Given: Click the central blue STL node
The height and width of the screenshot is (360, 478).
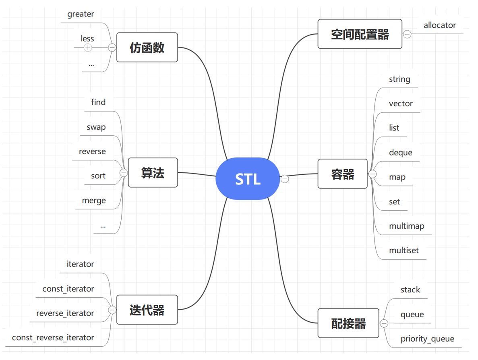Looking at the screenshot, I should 248,179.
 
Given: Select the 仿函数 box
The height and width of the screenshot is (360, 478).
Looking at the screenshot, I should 147,48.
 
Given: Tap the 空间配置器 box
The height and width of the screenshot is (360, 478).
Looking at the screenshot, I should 360,34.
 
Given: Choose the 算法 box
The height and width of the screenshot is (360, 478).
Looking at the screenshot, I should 153,173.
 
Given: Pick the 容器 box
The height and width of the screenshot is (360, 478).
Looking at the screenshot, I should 342,174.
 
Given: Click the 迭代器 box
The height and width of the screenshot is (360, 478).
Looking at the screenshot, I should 147,310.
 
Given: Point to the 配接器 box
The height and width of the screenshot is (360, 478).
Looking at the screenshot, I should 348,323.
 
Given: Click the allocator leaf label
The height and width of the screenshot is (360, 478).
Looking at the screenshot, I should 439,25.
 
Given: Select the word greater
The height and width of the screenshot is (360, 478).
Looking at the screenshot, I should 81,14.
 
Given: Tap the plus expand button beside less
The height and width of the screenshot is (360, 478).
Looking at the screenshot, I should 88,48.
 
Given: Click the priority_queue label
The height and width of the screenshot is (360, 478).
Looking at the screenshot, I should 427,339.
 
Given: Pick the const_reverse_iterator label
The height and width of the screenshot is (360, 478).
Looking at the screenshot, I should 53,337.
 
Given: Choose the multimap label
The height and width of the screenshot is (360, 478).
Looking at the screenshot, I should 406,226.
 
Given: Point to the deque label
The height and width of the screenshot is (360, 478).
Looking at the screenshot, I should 400,153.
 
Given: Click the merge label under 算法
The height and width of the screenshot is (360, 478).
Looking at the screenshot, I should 94,201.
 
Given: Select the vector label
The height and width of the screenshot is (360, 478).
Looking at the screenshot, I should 401,103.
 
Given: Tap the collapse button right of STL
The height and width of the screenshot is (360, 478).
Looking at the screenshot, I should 285,179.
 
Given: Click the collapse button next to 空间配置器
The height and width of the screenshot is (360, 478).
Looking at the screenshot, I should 407,34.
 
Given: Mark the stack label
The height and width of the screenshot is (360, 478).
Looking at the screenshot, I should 410,290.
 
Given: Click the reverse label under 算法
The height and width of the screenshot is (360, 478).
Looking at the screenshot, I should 92,151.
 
